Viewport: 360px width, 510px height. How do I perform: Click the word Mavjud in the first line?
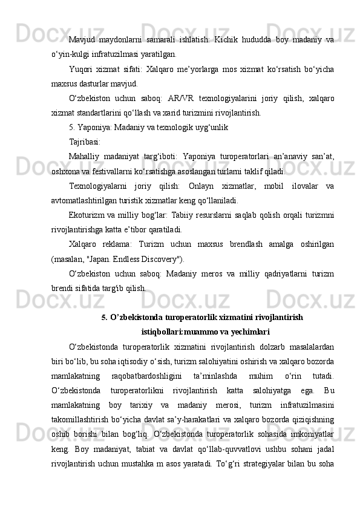81,40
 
